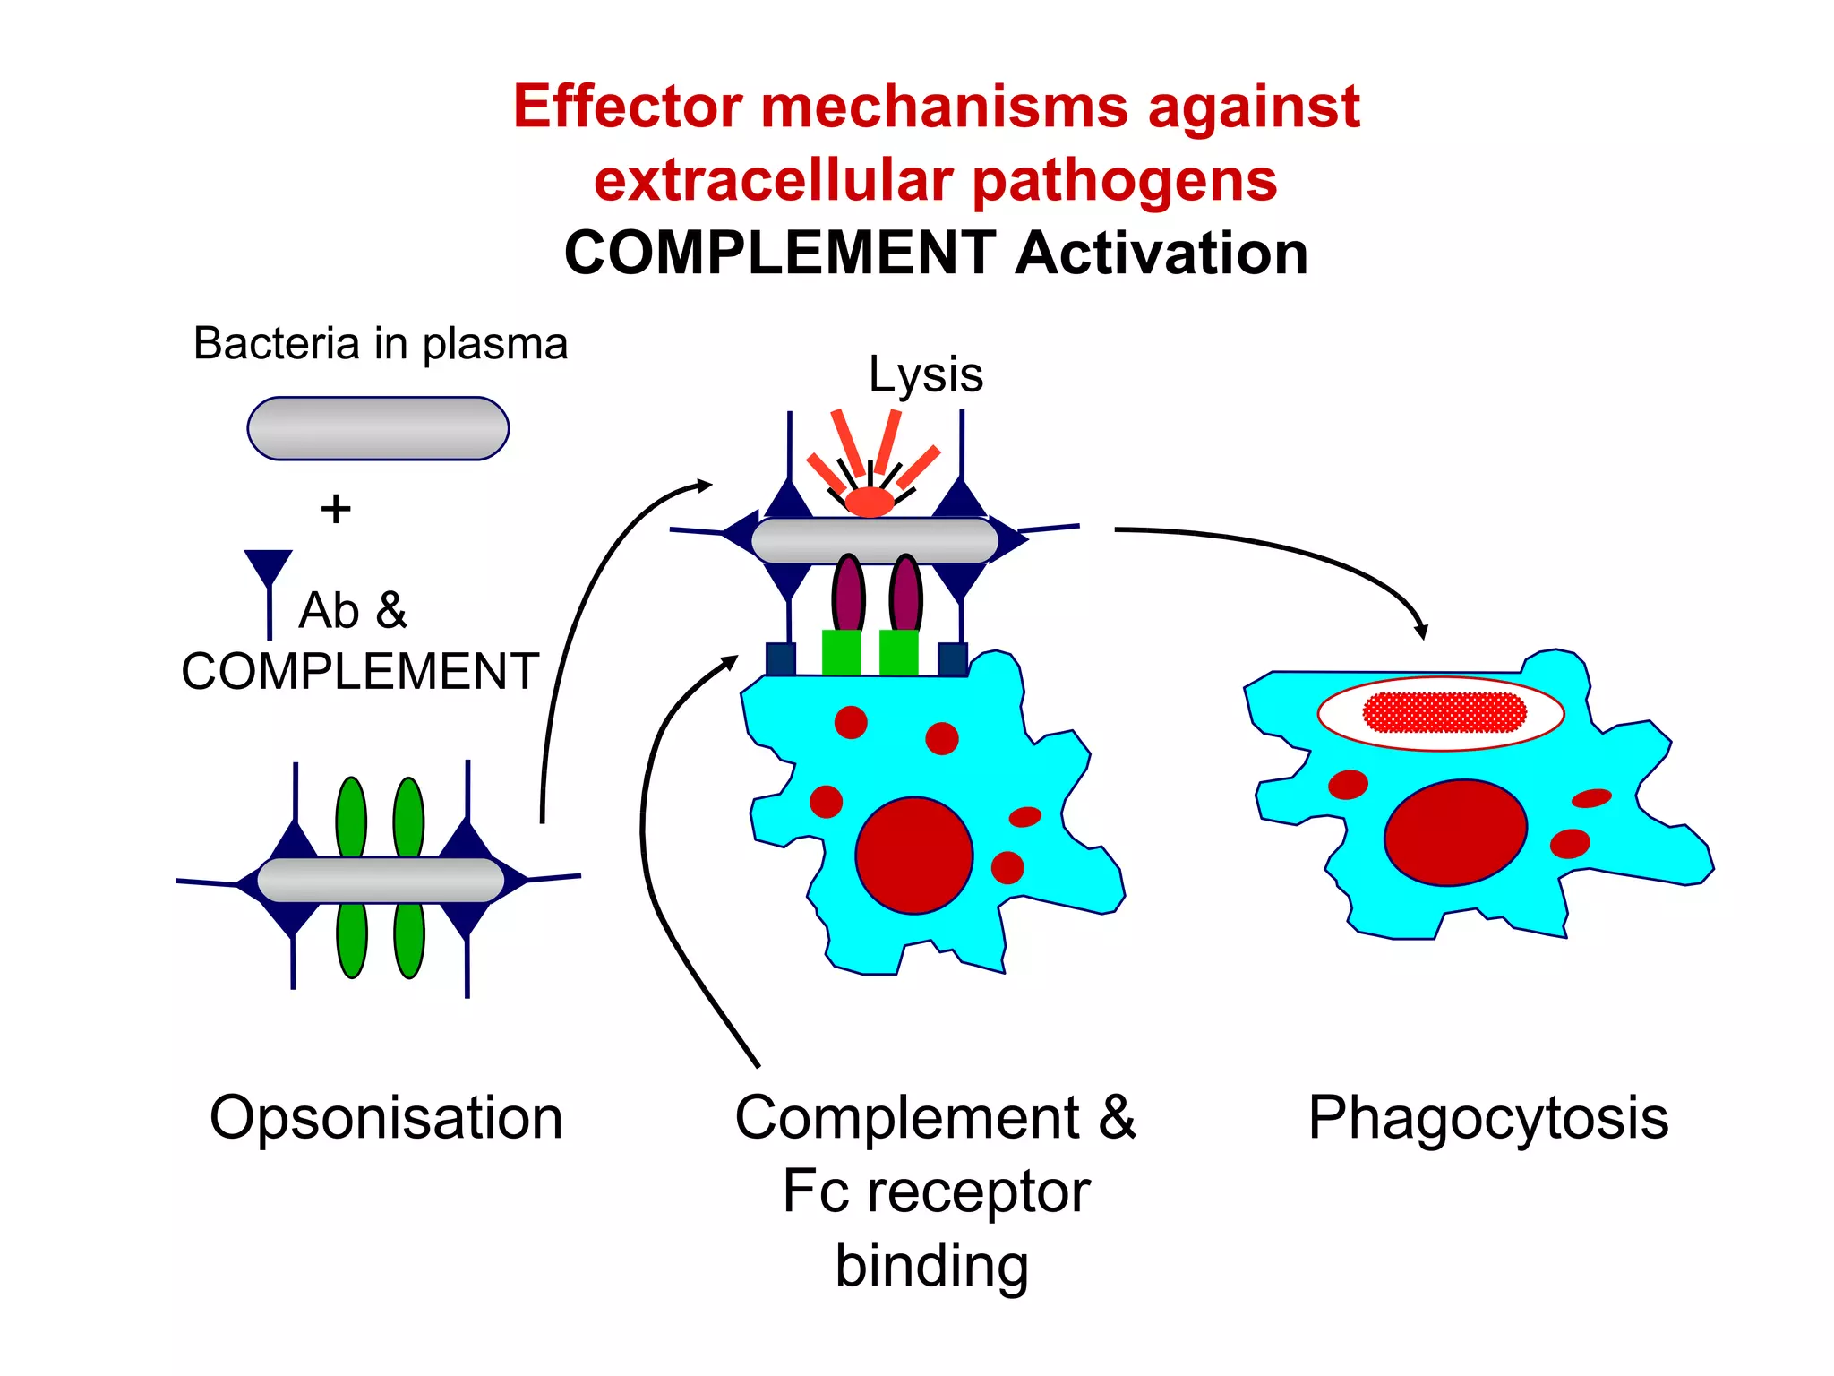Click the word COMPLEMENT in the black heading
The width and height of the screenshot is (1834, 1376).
click(x=779, y=254)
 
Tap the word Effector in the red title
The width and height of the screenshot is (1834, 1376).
click(x=627, y=107)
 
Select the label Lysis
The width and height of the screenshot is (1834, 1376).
click(x=925, y=374)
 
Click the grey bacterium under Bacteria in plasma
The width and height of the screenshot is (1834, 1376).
click(x=378, y=428)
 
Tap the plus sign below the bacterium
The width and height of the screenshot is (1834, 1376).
click(x=336, y=509)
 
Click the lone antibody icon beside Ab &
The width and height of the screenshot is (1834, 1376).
click(x=269, y=582)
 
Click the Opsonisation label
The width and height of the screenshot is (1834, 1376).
click(x=386, y=1118)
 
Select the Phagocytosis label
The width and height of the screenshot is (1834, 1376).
click(x=1487, y=1118)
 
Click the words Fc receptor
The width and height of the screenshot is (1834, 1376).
click(x=936, y=1191)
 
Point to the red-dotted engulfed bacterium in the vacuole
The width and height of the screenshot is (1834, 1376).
click(x=1444, y=713)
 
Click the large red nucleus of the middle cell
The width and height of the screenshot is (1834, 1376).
click(x=913, y=856)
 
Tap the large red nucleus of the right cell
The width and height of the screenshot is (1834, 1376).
click(x=1455, y=833)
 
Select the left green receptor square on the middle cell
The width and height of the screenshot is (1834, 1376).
click(x=841, y=652)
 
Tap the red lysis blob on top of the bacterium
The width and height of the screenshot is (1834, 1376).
click(x=870, y=502)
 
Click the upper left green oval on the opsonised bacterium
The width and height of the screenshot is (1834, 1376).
click(x=351, y=817)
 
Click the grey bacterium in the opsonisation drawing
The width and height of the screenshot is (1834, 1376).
click(x=380, y=880)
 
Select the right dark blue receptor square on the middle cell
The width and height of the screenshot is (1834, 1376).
click(x=952, y=658)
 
